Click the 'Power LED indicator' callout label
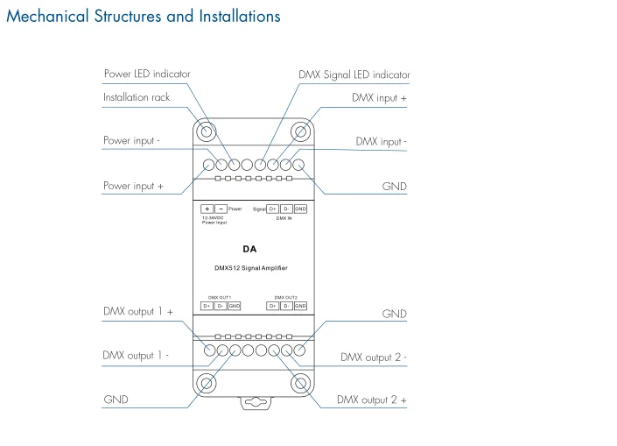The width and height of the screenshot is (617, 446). [147, 74]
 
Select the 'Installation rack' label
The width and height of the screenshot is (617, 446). [137, 97]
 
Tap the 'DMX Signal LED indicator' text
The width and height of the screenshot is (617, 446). [354, 74]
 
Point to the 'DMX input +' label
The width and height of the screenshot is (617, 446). [379, 98]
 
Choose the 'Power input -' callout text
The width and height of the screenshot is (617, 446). [131, 140]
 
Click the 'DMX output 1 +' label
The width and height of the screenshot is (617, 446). [138, 311]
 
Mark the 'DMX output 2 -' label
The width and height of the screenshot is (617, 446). [374, 357]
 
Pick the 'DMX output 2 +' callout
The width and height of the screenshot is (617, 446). [372, 400]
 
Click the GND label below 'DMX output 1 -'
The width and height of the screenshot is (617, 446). [116, 400]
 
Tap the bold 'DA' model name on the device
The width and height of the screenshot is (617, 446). [249, 249]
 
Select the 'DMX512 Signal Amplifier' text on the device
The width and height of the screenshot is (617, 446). [251, 267]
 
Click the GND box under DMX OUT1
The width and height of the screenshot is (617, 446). [234, 306]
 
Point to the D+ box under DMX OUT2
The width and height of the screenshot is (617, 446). [273, 306]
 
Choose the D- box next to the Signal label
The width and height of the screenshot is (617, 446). [286, 209]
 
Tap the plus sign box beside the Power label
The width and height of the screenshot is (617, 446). [207, 209]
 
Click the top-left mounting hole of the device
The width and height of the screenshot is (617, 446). [206, 132]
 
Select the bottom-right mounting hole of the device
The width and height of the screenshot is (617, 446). [300, 383]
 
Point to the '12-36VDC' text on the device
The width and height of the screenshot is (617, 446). [213, 217]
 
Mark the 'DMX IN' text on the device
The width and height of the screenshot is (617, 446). [284, 218]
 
